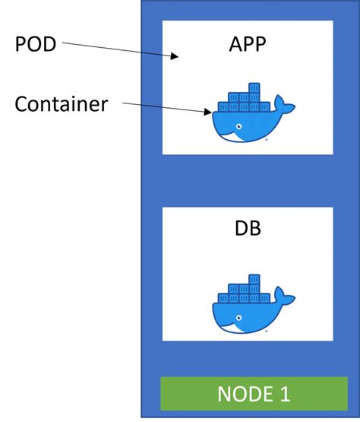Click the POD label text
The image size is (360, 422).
click(x=36, y=45)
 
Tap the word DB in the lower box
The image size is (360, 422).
click(x=248, y=228)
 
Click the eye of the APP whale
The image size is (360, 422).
click(x=239, y=125)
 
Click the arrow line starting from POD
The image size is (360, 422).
click(x=114, y=48)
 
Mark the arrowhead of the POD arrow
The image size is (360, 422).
click(x=175, y=56)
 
